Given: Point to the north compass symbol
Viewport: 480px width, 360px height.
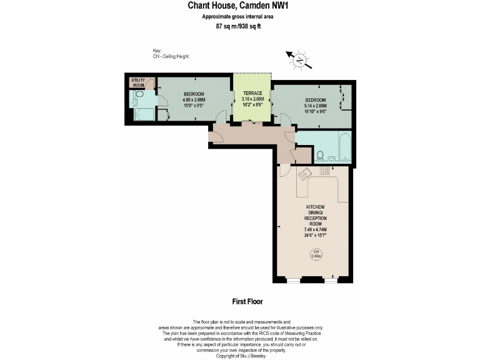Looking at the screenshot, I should [x=300, y=60].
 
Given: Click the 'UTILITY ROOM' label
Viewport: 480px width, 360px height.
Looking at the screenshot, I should [x=137, y=83].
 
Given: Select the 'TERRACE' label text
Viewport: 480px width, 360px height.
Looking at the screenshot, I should [x=252, y=94].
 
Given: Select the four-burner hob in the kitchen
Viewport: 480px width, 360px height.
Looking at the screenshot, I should [x=324, y=170].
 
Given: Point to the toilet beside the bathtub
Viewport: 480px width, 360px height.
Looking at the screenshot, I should [x=319, y=155].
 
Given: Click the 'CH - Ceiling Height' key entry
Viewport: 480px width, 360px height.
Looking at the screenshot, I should [x=171, y=56].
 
